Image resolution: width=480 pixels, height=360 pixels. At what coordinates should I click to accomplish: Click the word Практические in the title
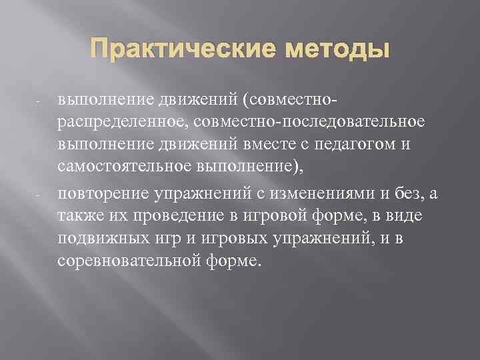pyautogui.click(x=169, y=50)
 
